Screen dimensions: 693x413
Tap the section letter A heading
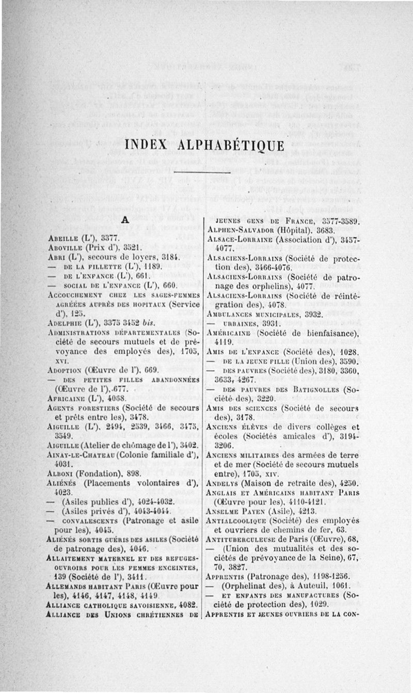[x=124, y=220]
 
